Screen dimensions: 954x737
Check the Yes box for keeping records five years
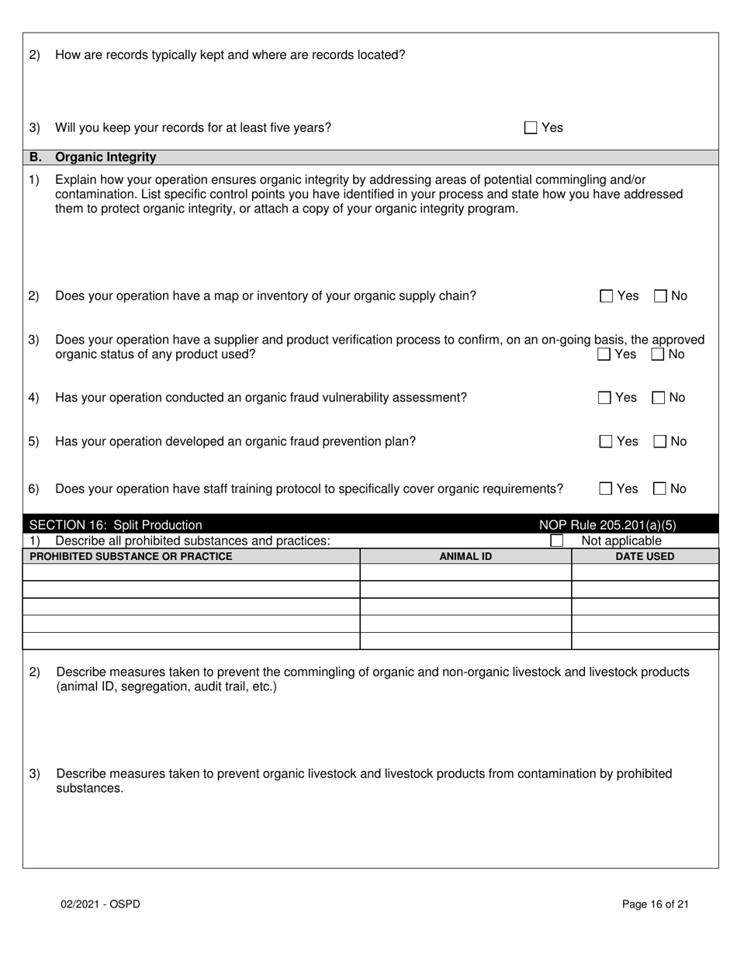coord(531,128)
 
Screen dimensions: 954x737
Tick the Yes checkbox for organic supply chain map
coord(607,296)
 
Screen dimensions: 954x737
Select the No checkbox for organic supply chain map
coord(661,296)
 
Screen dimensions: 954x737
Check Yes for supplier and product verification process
coord(604,354)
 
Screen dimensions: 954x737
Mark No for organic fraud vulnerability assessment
coord(659,398)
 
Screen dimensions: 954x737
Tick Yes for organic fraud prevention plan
coord(606,441)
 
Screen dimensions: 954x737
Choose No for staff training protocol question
coord(660,489)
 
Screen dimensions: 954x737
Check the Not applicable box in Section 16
coord(556,541)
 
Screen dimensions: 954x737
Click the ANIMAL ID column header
coord(465,556)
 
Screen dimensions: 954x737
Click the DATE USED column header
coord(645,556)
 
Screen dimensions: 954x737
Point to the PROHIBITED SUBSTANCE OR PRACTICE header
coord(130,556)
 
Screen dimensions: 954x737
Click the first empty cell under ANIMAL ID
coord(465,572)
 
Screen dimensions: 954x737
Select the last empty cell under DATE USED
coord(645,641)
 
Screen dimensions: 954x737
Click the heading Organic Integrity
coord(106,157)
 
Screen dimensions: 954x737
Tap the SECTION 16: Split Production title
coord(116,525)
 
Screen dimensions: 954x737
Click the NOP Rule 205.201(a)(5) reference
coord(607,525)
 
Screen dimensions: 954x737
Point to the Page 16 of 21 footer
coord(656,904)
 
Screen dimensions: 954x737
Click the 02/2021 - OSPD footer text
coord(101,904)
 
